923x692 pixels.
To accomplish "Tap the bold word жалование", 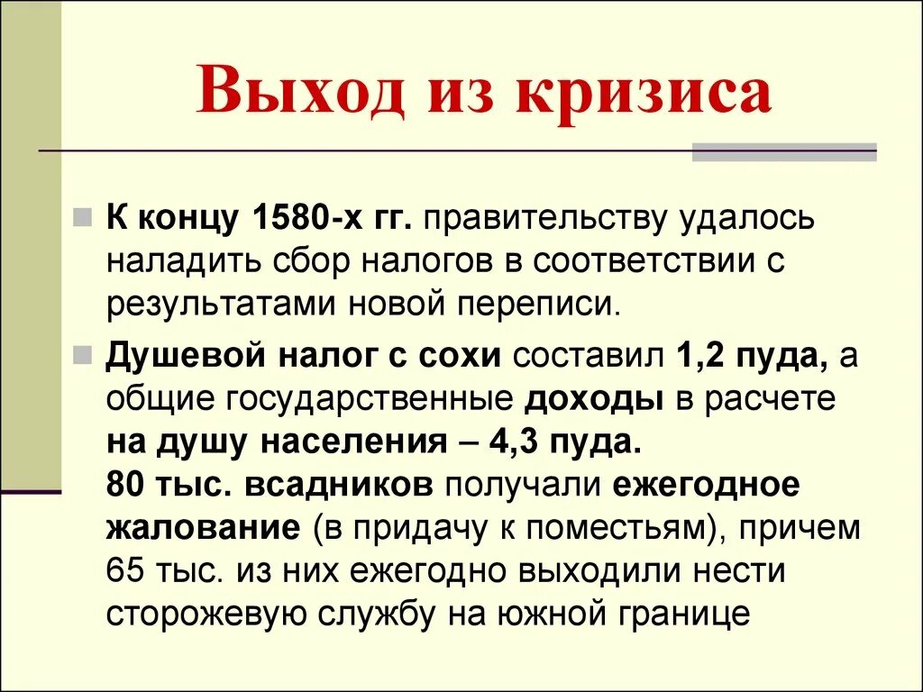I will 203,527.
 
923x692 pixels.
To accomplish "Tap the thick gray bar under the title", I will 784,153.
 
